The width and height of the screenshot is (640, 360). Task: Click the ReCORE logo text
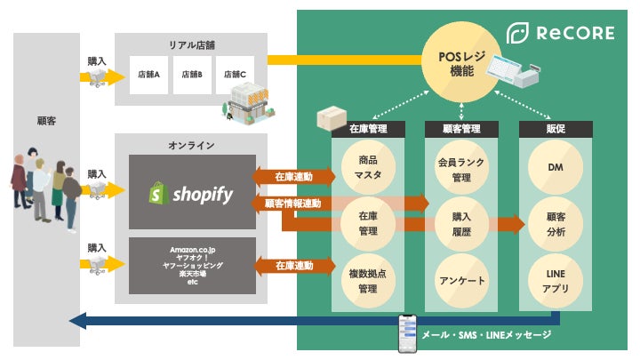click(x=575, y=35)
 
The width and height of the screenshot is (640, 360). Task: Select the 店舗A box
click(x=148, y=75)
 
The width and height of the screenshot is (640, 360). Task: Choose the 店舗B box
click(x=192, y=75)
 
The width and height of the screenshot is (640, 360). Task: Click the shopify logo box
click(x=191, y=192)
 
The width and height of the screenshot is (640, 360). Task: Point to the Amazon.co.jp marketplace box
click(x=191, y=265)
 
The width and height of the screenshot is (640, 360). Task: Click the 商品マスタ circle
click(x=369, y=167)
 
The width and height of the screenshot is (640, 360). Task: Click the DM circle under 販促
click(x=554, y=167)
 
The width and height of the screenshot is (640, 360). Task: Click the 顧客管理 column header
click(x=460, y=129)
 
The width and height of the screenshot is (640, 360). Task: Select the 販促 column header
click(x=554, y=129)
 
